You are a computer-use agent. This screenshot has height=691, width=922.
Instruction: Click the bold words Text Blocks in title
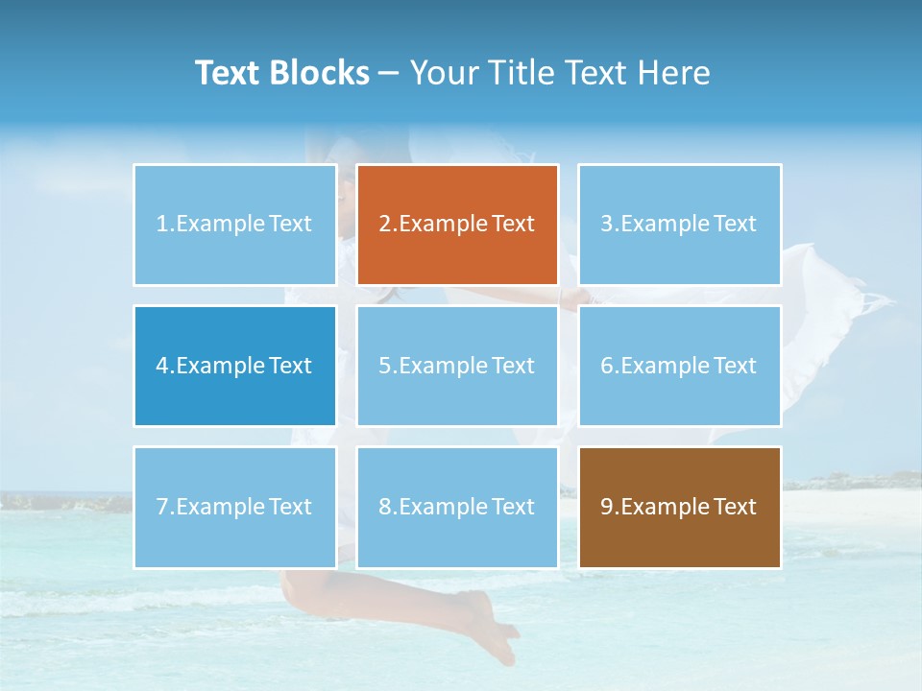tap(281, 73)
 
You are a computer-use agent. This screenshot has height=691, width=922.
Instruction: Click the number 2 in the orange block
tap(384, 224)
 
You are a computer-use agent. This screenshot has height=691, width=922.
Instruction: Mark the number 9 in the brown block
tap(607, 507)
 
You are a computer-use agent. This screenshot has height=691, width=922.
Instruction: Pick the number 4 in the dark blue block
tap(162, 366)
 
